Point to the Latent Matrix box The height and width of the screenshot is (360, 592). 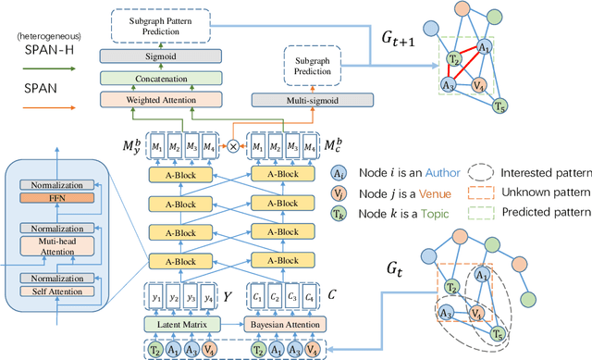(189, 324)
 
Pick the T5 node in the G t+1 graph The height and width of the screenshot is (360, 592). (499, 105)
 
